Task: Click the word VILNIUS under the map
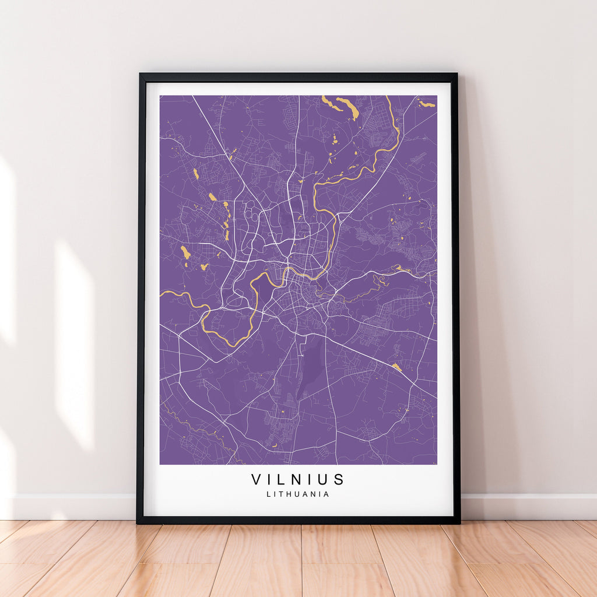298,479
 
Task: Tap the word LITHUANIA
298,494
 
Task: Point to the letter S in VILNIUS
339,479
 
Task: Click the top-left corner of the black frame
140,74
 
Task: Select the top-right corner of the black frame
456,74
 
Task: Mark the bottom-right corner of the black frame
459,522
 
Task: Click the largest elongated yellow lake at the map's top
352,108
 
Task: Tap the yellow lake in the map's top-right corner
427,104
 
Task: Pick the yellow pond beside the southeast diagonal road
396,367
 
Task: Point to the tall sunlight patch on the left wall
74,344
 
